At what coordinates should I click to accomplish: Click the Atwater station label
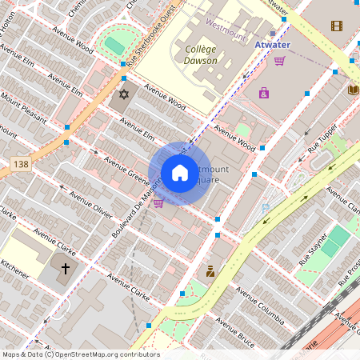click(x=272, y=45)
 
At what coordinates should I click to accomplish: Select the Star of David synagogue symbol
click(x=123, y=95)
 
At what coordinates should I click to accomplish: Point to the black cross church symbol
click(x=66, y=269)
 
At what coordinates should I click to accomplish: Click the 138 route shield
click(x=22, y=163)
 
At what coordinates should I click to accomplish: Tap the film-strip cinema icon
click(x=337, y=26)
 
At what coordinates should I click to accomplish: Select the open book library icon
click(x=354, y=90)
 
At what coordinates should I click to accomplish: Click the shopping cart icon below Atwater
click(x=280, y=61)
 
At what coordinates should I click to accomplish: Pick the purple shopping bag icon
click(x=264, y=94)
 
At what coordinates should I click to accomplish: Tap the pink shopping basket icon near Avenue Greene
click(x=158, y=203)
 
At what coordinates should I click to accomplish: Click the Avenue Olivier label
click(x=90, y=205)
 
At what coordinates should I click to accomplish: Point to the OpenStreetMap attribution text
click(x=80, y=354)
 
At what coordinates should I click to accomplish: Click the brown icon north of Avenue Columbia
click(x=210, y=271)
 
